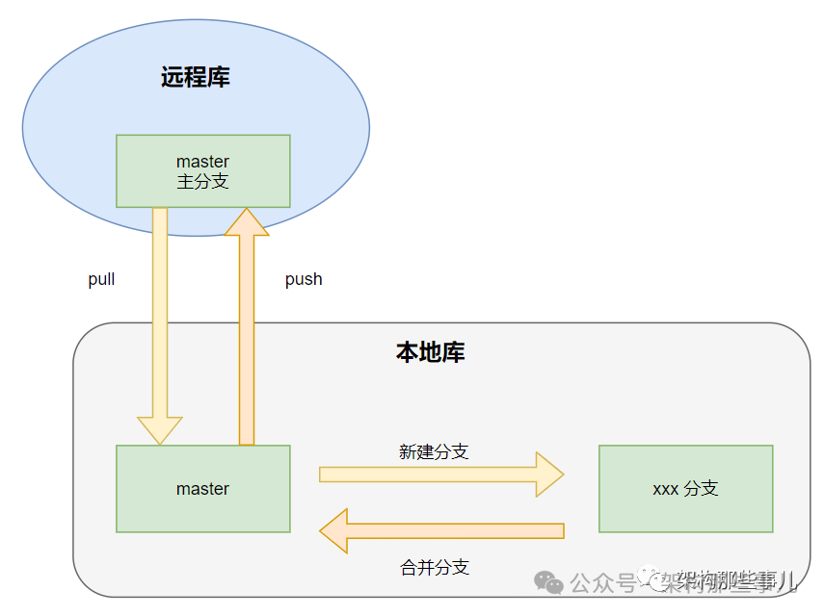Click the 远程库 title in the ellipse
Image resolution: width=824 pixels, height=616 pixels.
click(x=196, y=78)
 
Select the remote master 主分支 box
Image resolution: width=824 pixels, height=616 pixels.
click(x=202, y=170)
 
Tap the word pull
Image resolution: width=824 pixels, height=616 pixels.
click(x=101, y=279)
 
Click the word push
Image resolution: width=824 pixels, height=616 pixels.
click(x=304, y=279)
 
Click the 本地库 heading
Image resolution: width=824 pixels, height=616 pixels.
click(x=430, y=352)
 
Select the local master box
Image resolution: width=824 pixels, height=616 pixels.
click(x=202, y=488)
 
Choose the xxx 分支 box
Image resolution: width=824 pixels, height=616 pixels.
click(x=685, y=488)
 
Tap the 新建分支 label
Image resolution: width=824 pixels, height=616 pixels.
click(x=434, y=451)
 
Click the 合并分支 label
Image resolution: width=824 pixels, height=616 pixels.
click(x=434, y=567)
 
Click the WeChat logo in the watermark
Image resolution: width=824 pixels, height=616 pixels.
click(x=549, y=582)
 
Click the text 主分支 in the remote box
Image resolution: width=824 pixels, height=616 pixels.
click(x=202, y=181)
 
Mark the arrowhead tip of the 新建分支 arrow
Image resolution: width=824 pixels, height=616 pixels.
click(x=562, y=475)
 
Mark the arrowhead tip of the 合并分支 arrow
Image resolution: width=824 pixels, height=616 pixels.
click(x=322, y=531)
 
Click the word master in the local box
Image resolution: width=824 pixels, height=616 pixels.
click(x=202, y=488)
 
